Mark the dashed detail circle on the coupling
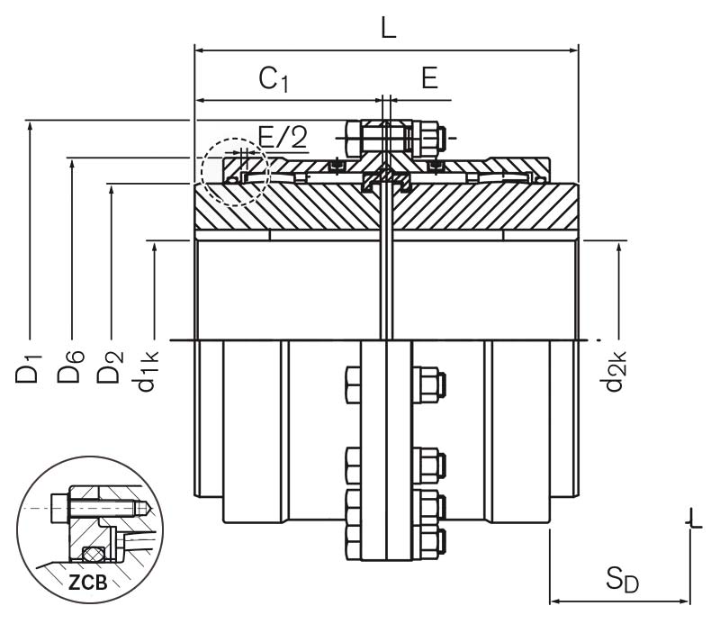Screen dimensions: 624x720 coord(234,171)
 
